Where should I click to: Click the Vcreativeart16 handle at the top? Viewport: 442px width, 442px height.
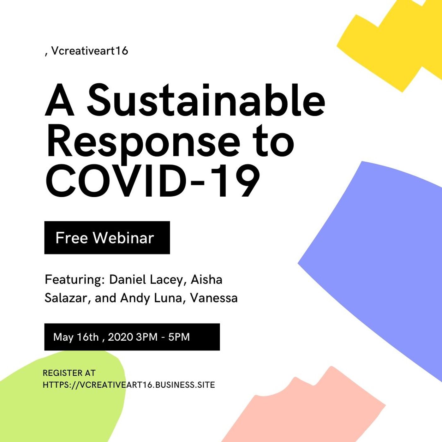point(89,51)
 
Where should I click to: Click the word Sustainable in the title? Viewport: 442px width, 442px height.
point(206,100)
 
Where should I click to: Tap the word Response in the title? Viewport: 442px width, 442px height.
point(144,141)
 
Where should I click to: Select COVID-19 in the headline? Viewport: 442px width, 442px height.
point(153,181)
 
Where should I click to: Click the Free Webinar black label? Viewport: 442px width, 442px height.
point(107,238)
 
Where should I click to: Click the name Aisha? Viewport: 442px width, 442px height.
point(206,280)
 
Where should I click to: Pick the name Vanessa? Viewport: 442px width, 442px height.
point(214,298)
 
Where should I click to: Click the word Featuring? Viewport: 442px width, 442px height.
point(75,280)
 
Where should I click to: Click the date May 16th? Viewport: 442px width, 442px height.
point(76,337)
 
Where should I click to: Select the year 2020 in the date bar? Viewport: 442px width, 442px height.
point(120,337)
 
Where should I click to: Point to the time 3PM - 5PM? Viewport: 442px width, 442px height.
point(163,337)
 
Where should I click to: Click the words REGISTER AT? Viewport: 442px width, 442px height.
point(69,373)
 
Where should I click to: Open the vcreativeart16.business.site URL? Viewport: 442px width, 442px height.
point(129,385)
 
